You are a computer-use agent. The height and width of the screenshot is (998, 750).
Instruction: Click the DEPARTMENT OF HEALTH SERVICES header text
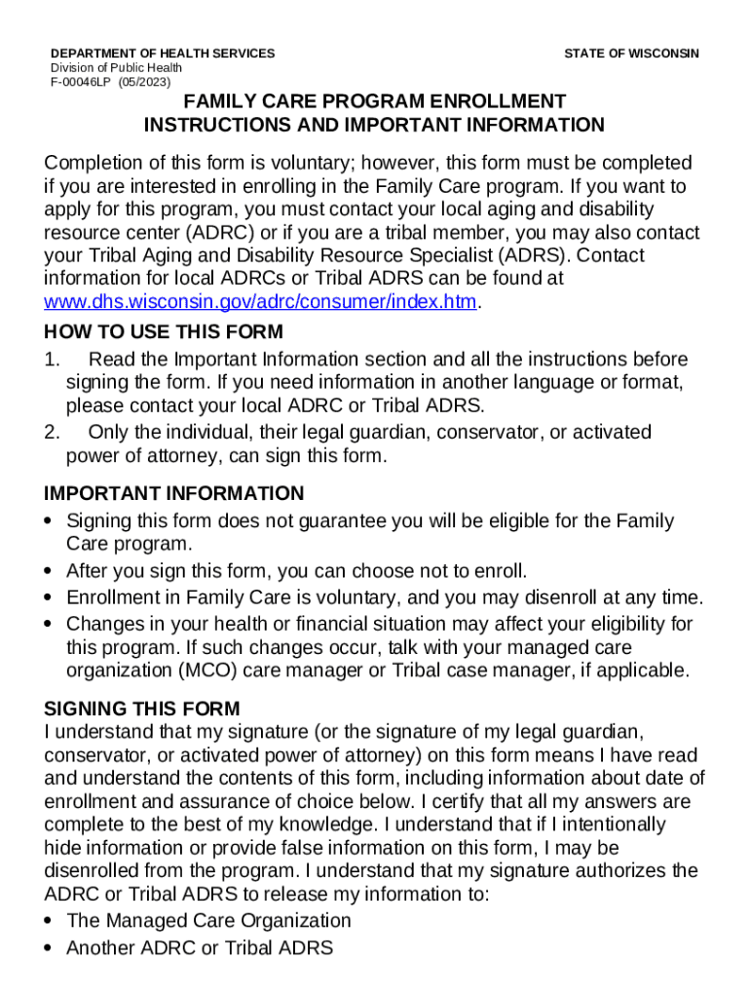(x=163, y=54)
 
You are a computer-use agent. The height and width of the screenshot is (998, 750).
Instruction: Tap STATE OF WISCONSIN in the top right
(x=631, y=54)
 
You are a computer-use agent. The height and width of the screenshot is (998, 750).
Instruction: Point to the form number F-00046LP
(x=83, y=83)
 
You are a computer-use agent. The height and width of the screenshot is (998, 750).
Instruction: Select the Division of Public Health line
(x=116, y=68)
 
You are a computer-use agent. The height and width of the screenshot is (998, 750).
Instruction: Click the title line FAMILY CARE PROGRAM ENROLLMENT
(x=375, y=102)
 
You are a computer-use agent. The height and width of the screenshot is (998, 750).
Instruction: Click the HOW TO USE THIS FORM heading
(x=164, y=331)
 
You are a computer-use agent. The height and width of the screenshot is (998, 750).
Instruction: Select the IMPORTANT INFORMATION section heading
(x=174, y=493)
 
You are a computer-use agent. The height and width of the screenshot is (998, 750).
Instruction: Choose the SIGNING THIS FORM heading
(x=142, y=709)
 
